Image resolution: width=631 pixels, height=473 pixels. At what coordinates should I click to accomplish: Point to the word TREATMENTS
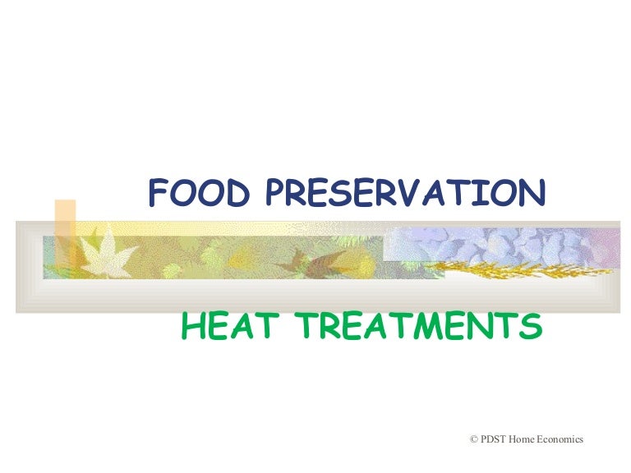tap(419, 328)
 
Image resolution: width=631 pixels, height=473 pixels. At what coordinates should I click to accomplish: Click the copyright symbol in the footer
tap(473, 439)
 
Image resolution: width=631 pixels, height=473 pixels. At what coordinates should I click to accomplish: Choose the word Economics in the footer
tap(561, 439)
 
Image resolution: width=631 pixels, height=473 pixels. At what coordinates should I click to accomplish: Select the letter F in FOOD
tap(158, 193)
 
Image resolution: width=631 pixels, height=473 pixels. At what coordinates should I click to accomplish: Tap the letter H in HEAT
tap(193, 328)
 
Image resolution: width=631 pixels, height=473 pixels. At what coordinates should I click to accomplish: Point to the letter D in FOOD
tap(239, 193)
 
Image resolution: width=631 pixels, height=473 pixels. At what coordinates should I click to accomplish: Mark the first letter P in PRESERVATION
tap(278, 193)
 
